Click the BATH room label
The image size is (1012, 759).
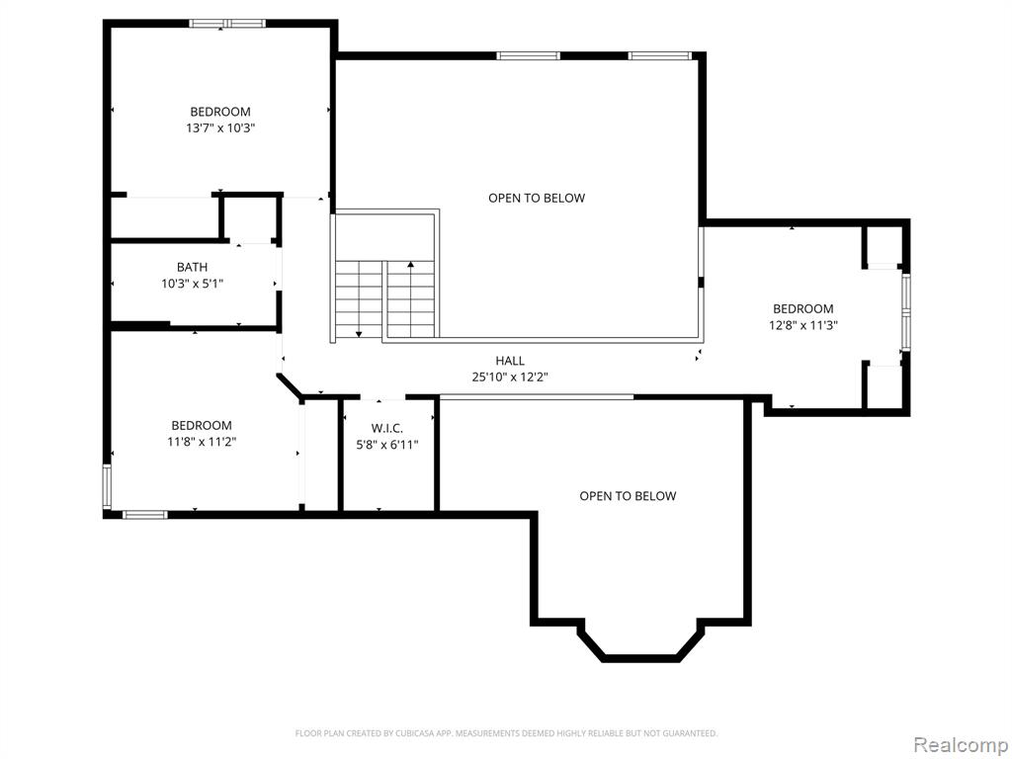(193, 267)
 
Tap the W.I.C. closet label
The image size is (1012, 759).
(387, 428)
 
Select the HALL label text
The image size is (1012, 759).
(510, 361)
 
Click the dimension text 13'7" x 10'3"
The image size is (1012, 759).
(220, 127)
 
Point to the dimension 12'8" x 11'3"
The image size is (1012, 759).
(802, 325)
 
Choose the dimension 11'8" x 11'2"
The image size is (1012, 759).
(202, 442)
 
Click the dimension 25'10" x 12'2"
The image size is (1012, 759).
(510, 378)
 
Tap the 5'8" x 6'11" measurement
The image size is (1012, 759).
(387, 445)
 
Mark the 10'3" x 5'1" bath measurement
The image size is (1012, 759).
(193, 284)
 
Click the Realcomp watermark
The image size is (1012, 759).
(961, 745)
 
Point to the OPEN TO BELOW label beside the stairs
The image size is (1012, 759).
(537, 198)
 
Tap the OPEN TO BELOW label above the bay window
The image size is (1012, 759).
(628, 496)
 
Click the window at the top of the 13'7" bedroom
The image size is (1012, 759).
(227, 24)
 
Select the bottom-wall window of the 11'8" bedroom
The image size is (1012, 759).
(144, 514)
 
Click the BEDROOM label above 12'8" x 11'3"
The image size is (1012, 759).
(802, 308)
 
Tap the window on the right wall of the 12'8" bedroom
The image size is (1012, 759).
(906, 312)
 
